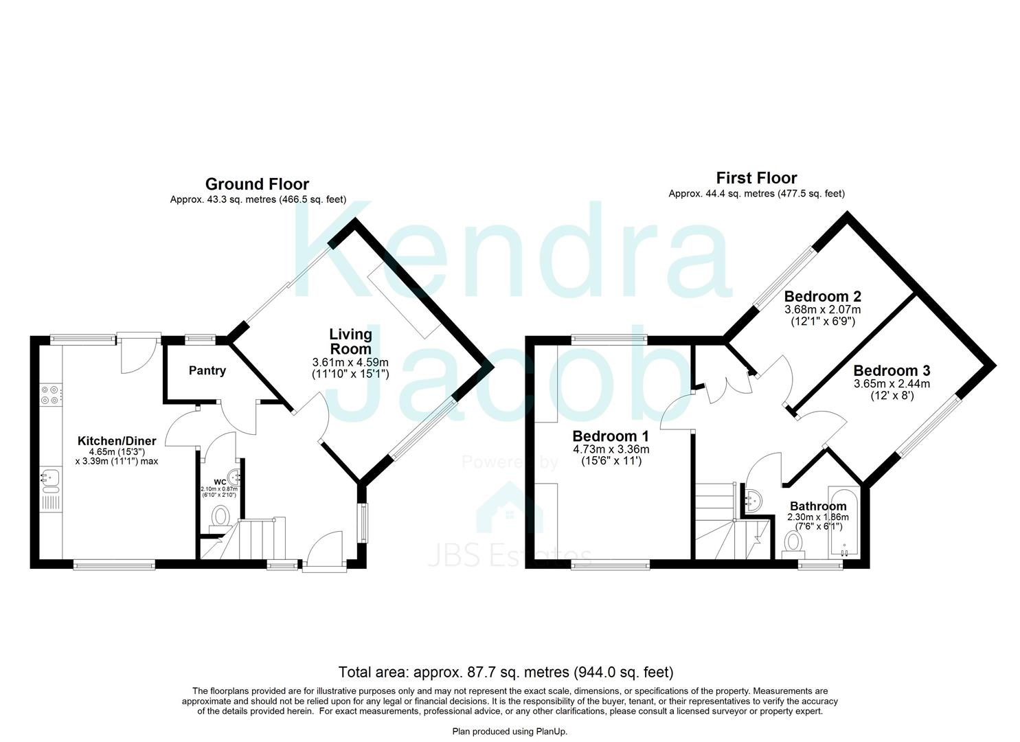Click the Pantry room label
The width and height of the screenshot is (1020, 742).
pos(207,371)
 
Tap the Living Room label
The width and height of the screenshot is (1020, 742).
pos(350,341)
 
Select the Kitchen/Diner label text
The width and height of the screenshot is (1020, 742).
pos(117,441)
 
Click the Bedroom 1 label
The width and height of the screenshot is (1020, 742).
pos(611,436)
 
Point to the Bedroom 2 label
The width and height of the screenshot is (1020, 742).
pos(822,297)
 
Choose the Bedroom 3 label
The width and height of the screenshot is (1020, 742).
pos(892,371)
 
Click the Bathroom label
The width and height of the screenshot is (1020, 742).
pos(818,506)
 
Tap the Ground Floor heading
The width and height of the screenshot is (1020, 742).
pos(257,184)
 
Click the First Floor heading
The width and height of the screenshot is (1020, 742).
pos(756,178)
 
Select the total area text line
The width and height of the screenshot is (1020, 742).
pos(506,672)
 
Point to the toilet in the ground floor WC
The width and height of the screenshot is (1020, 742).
pos(220,517)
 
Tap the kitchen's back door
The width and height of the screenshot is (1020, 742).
pos(139,353)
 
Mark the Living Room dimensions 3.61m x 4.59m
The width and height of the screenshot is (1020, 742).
pos(350,362)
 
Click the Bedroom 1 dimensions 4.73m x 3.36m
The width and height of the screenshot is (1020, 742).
pos(611,450)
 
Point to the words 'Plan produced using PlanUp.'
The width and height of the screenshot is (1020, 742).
pos(510,732)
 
